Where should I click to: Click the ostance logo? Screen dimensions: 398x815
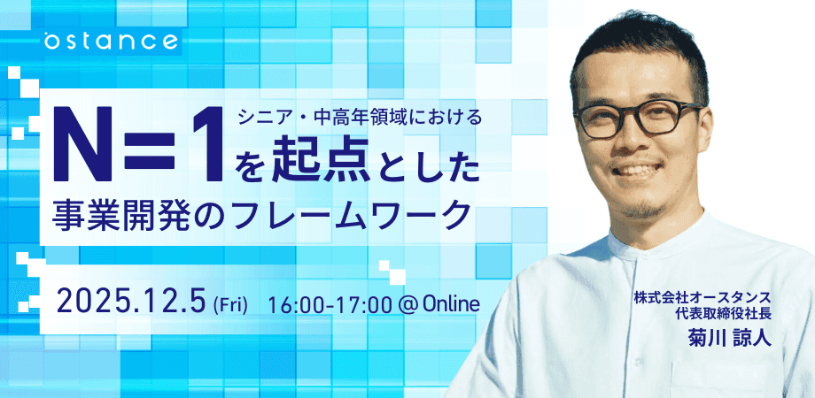(x=112, y=41)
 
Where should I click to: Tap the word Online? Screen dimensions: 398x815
(x=451, y=303)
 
